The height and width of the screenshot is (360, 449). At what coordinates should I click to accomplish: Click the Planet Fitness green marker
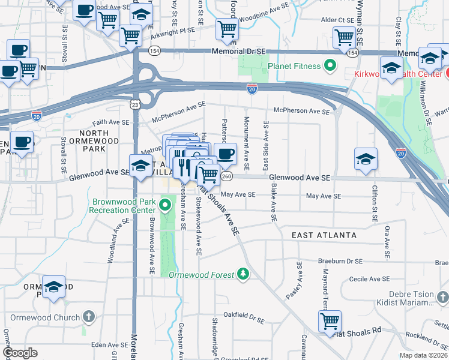click(x=330, y=65)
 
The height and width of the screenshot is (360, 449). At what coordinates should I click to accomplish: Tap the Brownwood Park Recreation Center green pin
click(x=166, y=206)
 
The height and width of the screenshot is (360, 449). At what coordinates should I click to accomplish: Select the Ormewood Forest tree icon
click(x=243, y=274)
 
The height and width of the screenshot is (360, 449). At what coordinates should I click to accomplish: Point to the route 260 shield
click(x=226, y=176)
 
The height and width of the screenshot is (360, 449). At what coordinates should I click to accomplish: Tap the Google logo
click(x=20, y=352)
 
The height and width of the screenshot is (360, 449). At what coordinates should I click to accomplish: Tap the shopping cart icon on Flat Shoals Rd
click(x=330, y=321)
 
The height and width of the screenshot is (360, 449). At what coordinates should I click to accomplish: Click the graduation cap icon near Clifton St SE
click(x=366, y=159)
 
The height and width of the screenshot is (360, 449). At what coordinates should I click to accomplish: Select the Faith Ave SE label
click(x=110, y=122)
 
